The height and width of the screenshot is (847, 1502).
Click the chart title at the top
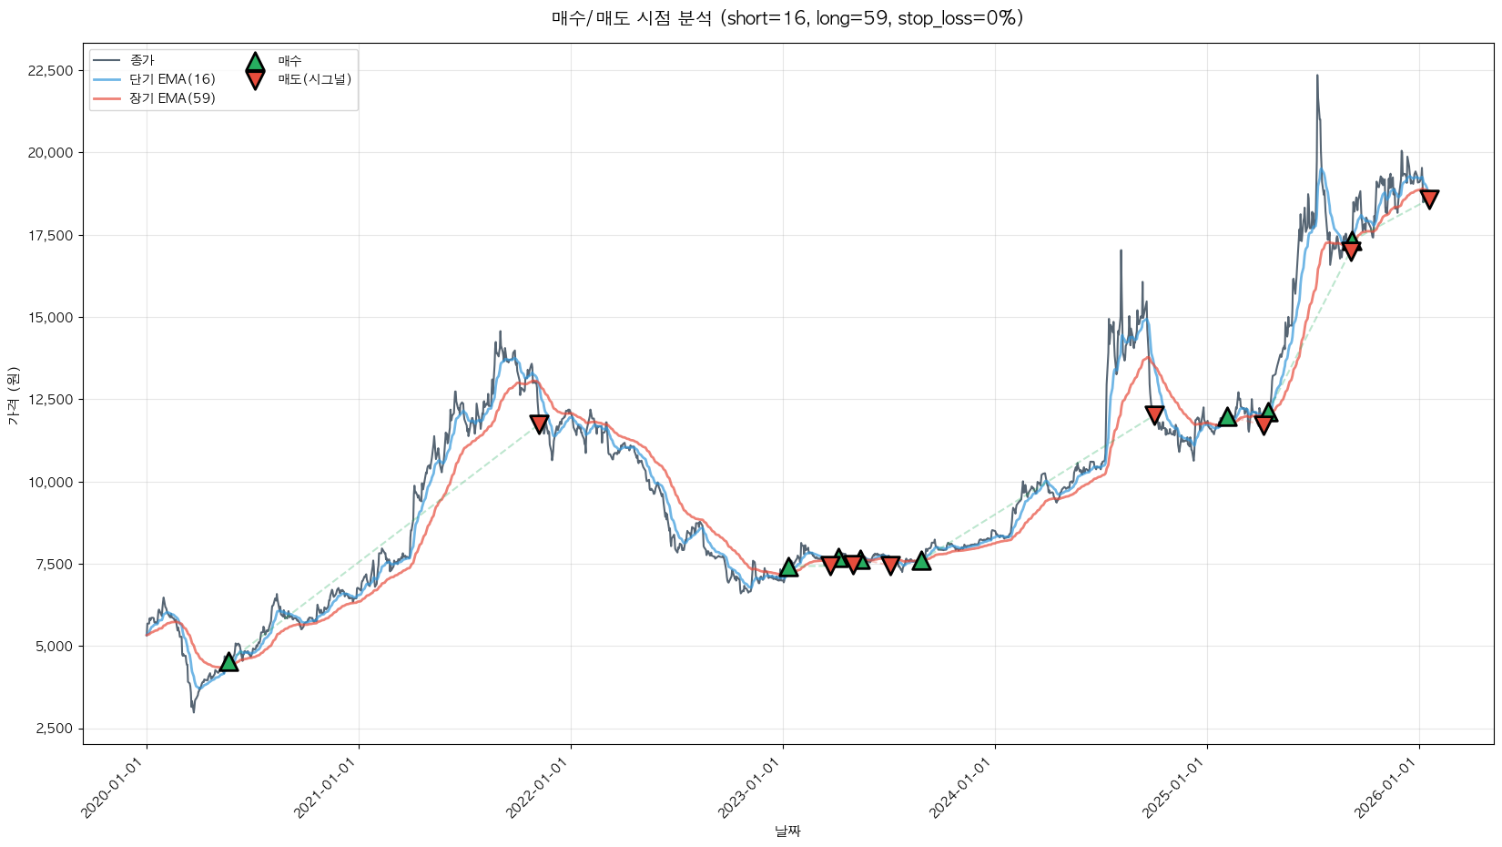click(787, 18)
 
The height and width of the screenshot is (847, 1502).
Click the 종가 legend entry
click(142, 60)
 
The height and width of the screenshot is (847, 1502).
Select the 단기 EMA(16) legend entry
click(172, 79)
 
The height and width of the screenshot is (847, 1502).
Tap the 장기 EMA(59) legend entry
click(172, 98)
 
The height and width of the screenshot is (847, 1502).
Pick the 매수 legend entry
click(289, 61)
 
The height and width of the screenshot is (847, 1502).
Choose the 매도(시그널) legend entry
click(314, 79)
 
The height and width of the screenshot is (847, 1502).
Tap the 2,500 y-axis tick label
click(56, 729)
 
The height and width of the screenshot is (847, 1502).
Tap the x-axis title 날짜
click(787, 831)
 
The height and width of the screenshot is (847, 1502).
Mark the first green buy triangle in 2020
click(228, 662)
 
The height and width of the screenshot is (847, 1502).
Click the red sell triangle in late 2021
click(539, 423)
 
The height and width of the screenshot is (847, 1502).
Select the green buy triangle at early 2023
click(788, 567)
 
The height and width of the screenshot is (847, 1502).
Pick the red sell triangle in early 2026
click(1429, 199)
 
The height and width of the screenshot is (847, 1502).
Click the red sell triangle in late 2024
click(1154, 414)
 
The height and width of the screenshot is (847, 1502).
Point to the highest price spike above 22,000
click(1316, 77)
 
